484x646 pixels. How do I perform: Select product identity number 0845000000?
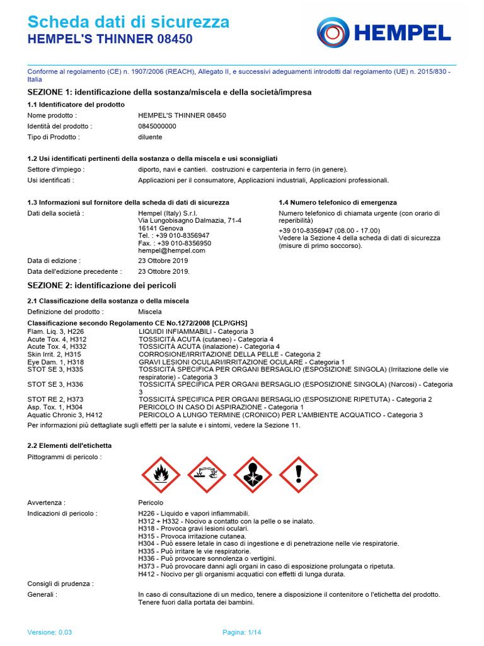pos(157,126)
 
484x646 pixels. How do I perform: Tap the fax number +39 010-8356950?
pos(175,243)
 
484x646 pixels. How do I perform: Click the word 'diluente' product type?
pos(150,137)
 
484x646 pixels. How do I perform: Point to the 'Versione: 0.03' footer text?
pos(50,632)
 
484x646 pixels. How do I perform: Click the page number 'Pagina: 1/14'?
pos(241,632)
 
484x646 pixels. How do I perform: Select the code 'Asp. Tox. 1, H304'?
pos(55,407)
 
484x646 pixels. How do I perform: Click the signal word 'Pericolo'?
pos(151,503)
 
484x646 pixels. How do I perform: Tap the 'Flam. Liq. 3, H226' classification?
pos(55,331)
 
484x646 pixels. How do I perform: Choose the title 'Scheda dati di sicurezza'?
pos(129,23)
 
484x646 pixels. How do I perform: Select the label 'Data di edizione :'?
pos(54,261)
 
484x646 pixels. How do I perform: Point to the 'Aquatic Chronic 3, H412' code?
pos(65,414)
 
